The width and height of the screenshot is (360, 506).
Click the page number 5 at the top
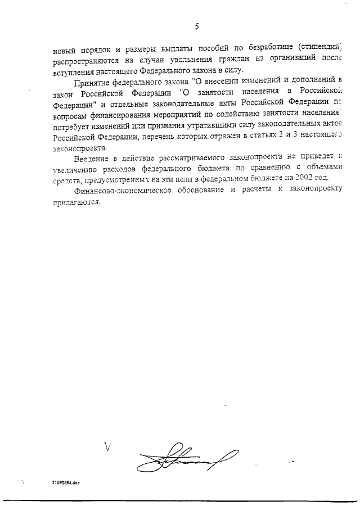point(197,25)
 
